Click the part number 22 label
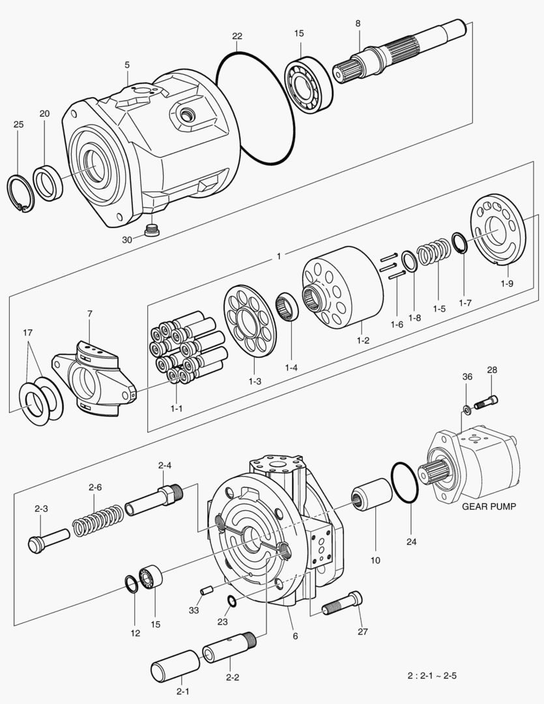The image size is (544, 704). click(237, 35)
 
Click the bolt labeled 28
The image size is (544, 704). click(486, 402)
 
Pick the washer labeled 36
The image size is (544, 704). click(467, 409)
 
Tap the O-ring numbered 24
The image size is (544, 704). click(405, 483)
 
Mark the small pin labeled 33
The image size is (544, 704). click(207, 591)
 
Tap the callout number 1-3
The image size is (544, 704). click(254, 381)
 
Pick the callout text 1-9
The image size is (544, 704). click(507, 284)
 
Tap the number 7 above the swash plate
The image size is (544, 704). click(90, 314)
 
